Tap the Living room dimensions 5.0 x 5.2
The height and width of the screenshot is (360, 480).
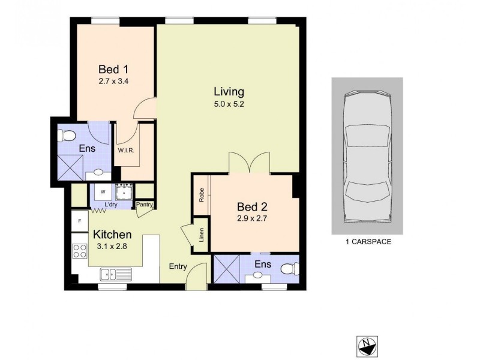(229, 103)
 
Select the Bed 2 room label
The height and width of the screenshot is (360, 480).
(251, 208)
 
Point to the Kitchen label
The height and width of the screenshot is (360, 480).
(112, 235)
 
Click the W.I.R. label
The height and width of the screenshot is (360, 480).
(125, 150)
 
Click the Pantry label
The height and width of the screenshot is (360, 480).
(145, 205)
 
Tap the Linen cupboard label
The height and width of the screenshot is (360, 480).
(202, 235)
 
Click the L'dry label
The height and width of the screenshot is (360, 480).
(110, 205)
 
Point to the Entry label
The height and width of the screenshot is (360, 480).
(178, 266)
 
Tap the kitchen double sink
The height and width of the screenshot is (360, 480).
(116, 275)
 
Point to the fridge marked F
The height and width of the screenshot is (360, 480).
(79, 221)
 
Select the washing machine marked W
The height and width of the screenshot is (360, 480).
(103, 192)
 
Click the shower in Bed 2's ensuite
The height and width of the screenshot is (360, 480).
(228, 268)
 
